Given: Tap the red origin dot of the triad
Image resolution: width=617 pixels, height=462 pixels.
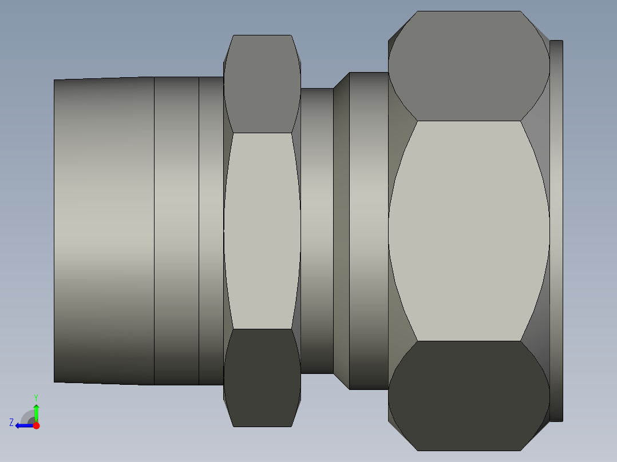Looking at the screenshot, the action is tap(37, 425).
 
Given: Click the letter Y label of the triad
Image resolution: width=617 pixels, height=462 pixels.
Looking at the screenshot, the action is tap(36, 397).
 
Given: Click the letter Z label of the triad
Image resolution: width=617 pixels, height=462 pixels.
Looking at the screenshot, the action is tap(11, 423).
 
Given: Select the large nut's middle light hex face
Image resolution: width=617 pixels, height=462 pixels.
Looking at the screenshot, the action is tap(469, 231).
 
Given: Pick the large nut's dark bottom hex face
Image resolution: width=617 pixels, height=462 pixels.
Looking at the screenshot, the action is tap(469, 396).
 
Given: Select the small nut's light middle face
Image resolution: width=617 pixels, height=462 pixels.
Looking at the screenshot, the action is tap(262, 231).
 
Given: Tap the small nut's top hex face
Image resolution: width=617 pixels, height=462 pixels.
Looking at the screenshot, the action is tap(262, 83).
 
